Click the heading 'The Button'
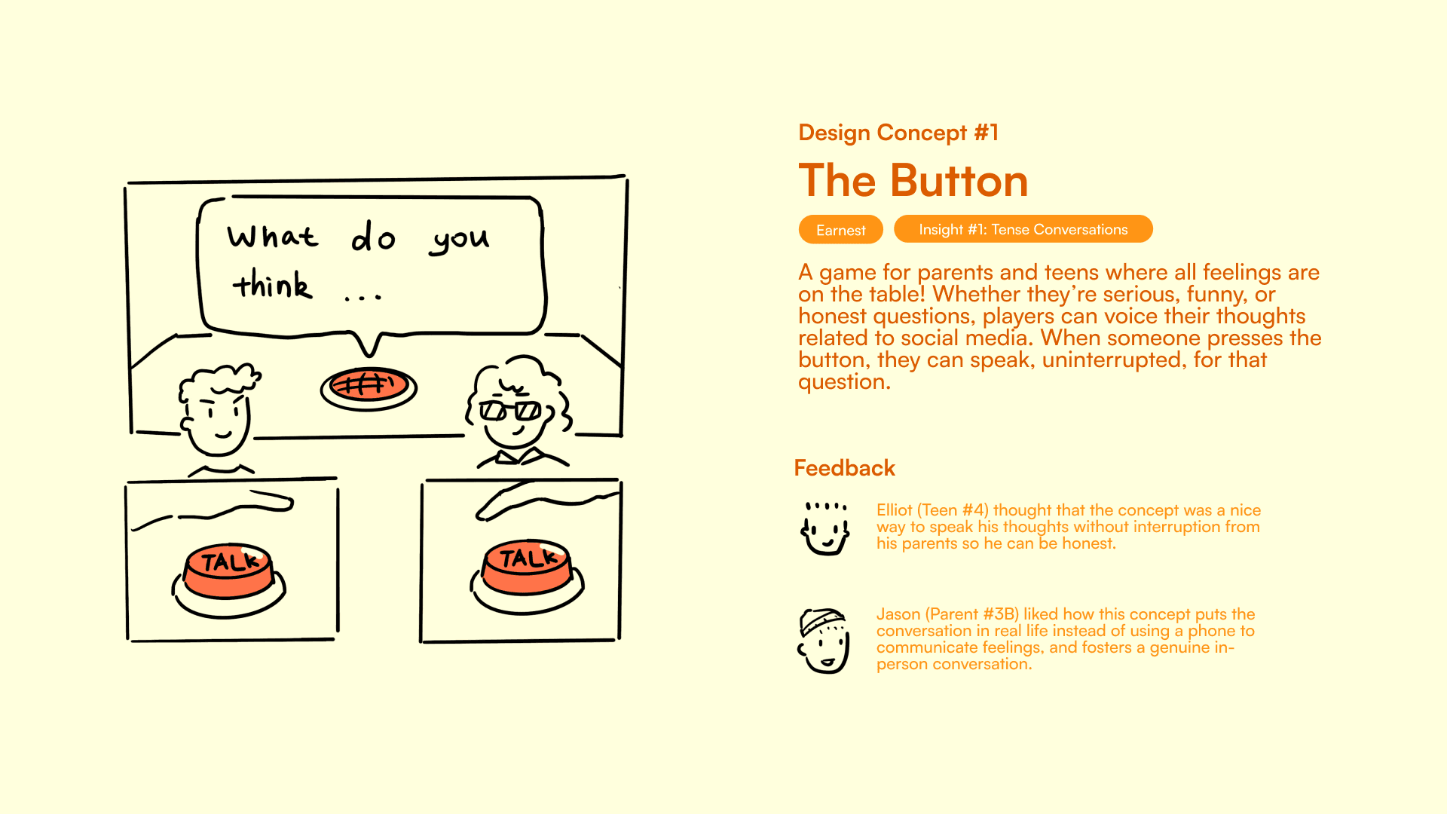(913, 181)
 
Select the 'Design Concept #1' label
(898, 133)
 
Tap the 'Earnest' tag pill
(840, 230)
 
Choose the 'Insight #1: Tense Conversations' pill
(1023, 229)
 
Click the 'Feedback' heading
(844, 468)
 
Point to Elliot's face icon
(825, 528)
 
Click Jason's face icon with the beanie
(824, 641)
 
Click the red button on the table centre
(369, 388)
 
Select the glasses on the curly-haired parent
(510, 411)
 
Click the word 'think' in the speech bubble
(272, 284)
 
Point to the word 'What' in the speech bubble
(273, 236)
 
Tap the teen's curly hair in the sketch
(220, 381)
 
